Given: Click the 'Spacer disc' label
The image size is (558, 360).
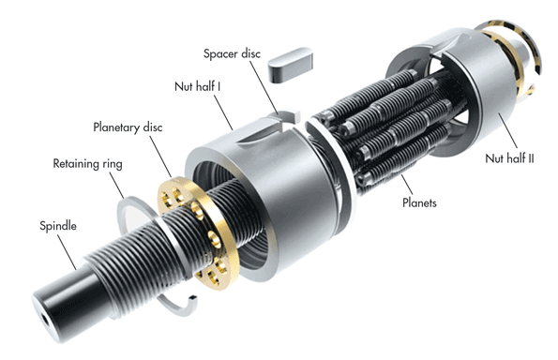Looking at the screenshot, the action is [232, 53].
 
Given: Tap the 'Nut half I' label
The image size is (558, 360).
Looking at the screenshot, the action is [197, 86].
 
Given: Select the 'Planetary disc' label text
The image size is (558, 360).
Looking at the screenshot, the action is [128, 127].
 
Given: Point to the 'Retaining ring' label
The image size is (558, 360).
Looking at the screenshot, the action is [87, 164].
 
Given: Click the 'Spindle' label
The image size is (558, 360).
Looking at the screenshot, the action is [58, 226].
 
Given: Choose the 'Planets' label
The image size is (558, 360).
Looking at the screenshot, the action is [419, 202].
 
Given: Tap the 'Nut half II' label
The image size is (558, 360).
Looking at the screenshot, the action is [509, 158].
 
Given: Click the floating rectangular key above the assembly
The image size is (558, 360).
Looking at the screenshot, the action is [291, 64].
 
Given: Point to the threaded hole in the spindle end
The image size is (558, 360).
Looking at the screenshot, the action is [45, 319].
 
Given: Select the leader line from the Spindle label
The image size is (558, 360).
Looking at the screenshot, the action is [67, 252].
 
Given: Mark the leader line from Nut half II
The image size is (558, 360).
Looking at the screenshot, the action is [507, 130].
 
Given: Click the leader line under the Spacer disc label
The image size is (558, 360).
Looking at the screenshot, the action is [264, 87].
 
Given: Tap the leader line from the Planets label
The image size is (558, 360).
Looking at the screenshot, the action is [407, 185].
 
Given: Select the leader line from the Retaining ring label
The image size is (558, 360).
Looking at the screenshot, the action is [117, 185].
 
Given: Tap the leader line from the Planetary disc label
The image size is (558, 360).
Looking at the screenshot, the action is [160, 157].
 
